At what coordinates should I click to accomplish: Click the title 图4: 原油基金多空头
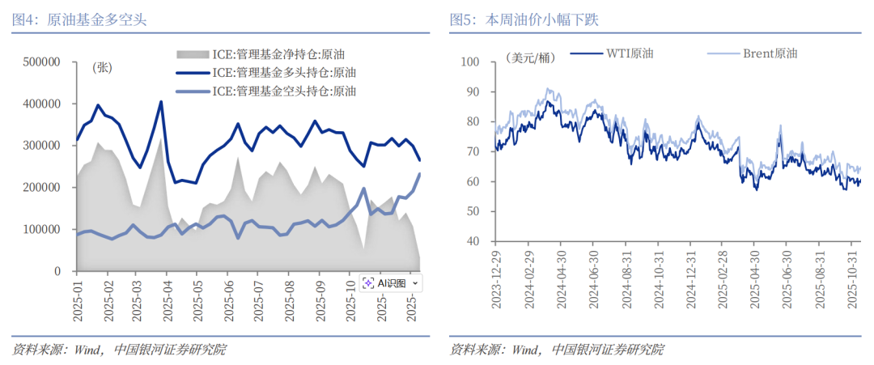79,19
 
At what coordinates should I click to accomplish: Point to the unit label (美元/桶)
530,57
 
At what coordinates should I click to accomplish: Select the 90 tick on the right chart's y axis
470,92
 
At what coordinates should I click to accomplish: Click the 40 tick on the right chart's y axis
470,242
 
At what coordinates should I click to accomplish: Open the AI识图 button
392,282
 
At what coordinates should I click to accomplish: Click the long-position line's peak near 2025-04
161,102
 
